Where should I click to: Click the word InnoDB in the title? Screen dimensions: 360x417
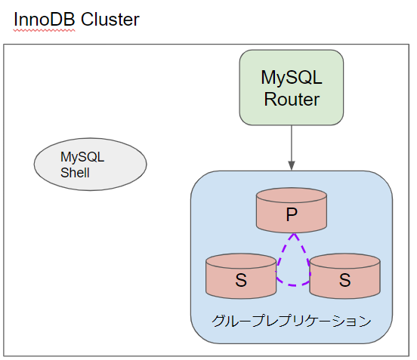[45, 20]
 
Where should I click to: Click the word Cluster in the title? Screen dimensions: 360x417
[110, 20]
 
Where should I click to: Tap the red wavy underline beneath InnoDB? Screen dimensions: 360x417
[45, 30]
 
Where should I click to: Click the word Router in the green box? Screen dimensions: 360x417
[291, 99]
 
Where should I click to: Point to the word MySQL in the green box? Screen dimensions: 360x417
[291, 78]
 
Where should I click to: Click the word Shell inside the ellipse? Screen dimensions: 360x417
[76, 173]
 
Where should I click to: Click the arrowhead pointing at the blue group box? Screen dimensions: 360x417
[291, 165]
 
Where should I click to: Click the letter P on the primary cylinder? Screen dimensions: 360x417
[291, 216]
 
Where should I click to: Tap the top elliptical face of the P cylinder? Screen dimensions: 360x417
[291, 196]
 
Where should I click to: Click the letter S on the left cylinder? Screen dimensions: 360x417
[241, 281]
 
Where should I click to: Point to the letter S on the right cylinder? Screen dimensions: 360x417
[344, 281]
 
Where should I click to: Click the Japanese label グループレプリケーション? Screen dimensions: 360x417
[291, 322]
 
